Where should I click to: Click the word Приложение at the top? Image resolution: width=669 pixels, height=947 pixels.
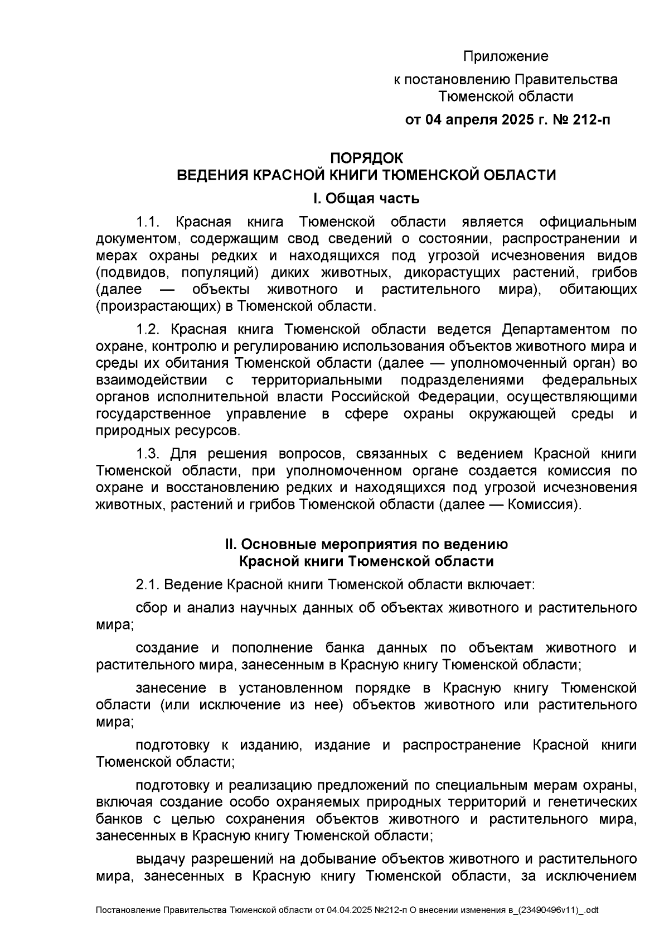[506, 56]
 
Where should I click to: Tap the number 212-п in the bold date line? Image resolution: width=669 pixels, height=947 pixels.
[591, 120]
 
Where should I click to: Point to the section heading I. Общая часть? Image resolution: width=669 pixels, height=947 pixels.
[366, 199]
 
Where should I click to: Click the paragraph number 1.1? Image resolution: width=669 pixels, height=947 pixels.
[148, 222]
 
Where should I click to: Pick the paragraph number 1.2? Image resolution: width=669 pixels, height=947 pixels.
[148, 329]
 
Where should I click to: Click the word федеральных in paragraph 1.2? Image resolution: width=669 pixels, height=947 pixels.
[589, 381]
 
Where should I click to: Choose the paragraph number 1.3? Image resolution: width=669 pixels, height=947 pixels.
[148, 454]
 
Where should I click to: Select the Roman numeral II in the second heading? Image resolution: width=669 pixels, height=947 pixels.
[231, 544]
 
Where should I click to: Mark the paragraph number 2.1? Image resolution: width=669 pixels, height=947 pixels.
[148, 585]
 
